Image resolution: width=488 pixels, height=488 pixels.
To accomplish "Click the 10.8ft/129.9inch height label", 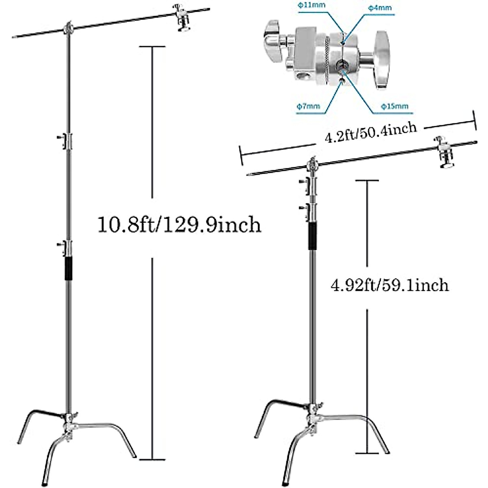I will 179,224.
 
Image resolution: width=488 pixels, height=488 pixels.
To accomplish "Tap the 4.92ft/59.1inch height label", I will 390,285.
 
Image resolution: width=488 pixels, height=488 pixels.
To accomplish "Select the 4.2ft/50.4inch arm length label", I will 370,133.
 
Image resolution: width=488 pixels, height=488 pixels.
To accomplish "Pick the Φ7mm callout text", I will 308,107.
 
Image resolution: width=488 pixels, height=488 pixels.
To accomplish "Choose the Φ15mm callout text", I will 394,107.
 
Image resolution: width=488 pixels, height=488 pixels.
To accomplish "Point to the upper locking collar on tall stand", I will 66,140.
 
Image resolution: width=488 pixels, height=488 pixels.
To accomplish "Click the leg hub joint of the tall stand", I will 68,423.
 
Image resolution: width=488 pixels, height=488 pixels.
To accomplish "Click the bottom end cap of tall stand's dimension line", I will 152,460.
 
